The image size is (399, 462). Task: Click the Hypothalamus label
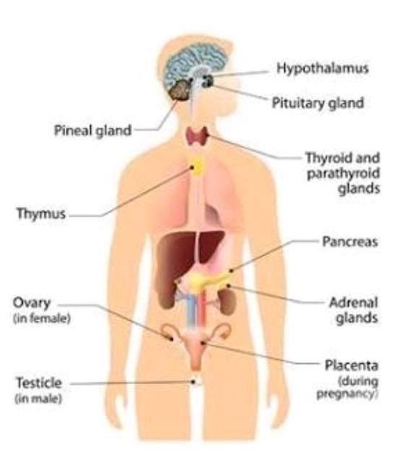[x=323, y=69]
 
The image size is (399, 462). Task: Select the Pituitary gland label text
[x=318, y=103]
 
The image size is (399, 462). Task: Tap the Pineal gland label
[x=93, y=131]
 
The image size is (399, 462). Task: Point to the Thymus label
[x=41, y=214]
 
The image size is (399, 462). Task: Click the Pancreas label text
[x=350, y=242]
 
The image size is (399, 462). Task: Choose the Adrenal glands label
[x=354, y=310]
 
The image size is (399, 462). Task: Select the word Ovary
[x=32, y=303]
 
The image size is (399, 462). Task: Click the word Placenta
[x=351, y=365]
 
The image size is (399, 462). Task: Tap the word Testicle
[x=38, y=383]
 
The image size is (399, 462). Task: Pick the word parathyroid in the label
[x=343, y=173]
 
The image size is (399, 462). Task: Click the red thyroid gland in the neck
[x=197, y=136]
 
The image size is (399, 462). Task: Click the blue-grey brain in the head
[x=194, y=66]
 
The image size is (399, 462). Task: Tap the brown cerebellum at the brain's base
[x=180, y=90]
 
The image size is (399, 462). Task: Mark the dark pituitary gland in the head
[x=208, y=81]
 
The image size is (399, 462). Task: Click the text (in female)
[x=42, y=318]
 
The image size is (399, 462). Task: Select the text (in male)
[x=38, y=398]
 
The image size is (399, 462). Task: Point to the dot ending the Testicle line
[x=193, y=382]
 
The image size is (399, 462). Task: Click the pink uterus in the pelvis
[x=196, y=348]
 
